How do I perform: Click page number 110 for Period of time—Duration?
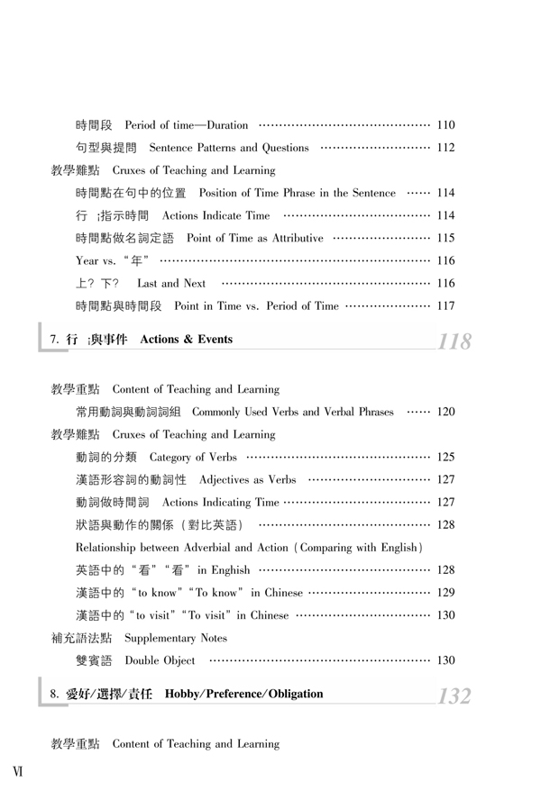point(445,123)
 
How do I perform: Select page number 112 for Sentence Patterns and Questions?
point(445,147)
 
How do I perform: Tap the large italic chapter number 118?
point(454,341)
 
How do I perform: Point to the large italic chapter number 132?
point(454,696)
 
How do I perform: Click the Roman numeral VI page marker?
point(17,771)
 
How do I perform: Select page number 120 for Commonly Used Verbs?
point(445,413)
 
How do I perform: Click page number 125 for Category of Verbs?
point(445,459)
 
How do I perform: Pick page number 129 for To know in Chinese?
point(445,593)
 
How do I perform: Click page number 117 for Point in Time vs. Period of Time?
point(445,305)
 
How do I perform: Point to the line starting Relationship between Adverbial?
point(249,548)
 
